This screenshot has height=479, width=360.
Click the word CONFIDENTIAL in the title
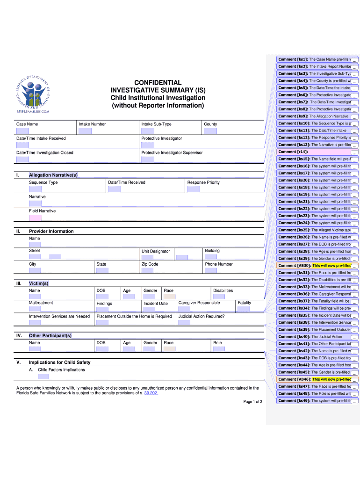pos(158,82)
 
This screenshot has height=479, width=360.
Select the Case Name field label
pos(27,124)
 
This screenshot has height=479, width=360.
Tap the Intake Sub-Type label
pos(156,124)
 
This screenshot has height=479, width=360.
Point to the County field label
pos(210,124)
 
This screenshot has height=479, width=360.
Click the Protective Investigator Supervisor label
pos(172,152)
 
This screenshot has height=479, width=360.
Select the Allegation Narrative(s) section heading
pos(53,175)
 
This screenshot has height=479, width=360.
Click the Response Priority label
pos(203,182)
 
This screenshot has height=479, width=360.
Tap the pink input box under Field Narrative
pos(35,218)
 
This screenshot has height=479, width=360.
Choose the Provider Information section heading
pos(51,231)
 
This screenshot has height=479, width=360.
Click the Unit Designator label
pos(156,251)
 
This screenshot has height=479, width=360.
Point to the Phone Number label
pos(218,264)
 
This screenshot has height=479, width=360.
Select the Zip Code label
pos(150,264)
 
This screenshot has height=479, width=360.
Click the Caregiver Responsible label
pos(199,303)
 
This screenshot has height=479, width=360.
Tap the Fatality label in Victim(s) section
pos(244,303)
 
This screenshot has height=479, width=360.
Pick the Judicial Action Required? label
pos(202,316)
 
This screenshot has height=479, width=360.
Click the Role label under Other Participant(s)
pos(217,343)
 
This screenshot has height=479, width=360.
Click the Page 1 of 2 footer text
pos(252,402)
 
